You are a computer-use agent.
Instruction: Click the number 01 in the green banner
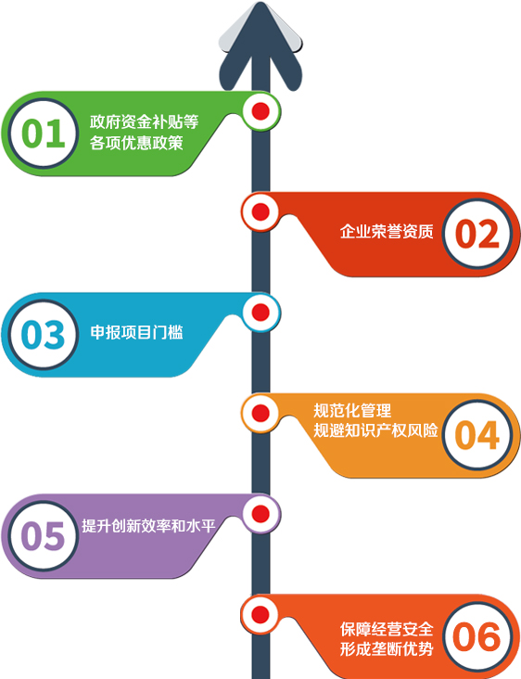coord(44,133)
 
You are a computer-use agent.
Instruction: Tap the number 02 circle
coord(477,234)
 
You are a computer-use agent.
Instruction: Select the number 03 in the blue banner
coord(44,334)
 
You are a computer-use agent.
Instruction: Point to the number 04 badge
coord(477,435)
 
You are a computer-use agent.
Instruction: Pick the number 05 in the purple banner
coord(44,535)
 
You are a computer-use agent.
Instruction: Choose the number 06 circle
coord(477,636)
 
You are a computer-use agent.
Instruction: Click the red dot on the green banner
coord(260,111)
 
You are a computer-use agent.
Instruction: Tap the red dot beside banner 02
coord(260,211)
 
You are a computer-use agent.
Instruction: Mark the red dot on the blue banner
coord(260,313)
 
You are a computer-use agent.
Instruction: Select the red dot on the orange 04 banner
coord(260,413)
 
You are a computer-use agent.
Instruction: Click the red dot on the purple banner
coord(260,514)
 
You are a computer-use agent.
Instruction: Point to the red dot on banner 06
coord(260,614)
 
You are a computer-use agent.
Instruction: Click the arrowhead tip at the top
coord(260,3)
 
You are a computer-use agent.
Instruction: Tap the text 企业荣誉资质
coord(387,232)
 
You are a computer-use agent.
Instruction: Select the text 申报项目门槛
coord(137,332)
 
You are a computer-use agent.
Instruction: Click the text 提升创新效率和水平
coord(148,526)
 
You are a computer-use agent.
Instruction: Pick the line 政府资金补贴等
coord(144,122)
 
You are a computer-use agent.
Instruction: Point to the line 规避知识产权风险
coord(375,430)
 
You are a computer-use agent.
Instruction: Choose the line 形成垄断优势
coord(387,648)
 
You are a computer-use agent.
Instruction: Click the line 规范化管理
coord(352,411)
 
